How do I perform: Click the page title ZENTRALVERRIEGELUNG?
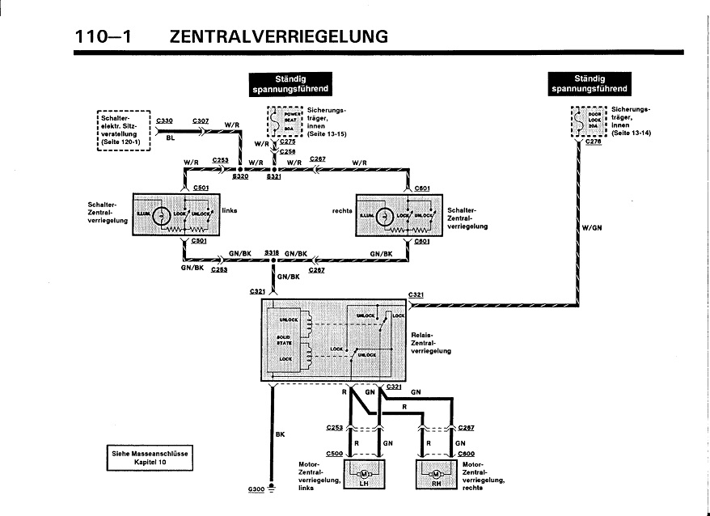tap(279, 36)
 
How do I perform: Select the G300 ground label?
tap(256, 490)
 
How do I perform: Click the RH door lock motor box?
tap(436, 474)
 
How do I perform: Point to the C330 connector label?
tap(164, 121)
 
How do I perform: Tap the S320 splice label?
tap(240, 176)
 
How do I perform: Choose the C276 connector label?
tap(593, 142)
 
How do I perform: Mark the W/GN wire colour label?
tap(592, 228)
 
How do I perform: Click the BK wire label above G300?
tap(280, 434)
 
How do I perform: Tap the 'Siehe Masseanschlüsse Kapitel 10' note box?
tap(150, 458)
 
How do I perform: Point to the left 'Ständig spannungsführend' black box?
tap(289, 83)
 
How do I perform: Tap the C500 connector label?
tap(335, 454)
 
